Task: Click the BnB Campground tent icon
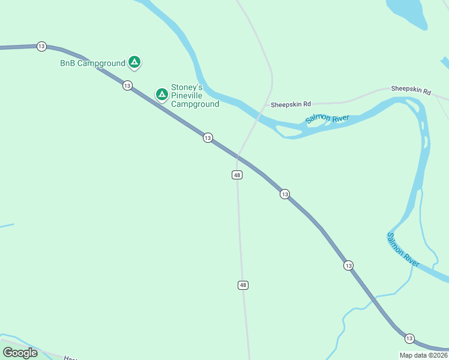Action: click(134, 62)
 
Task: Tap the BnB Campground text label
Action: click(92, 63)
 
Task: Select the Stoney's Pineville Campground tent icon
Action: click(161, 94)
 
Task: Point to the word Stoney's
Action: click(187, 87)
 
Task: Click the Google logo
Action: click(20, 353)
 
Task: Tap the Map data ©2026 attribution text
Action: click(423, 355)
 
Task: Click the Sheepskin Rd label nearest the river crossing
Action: click(291, 104)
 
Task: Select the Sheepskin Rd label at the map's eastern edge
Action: click(411, 91)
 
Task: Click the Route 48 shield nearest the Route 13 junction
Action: click(237, 175)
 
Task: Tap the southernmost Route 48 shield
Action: click(243, 285)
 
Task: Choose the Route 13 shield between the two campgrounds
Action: click(127, 86)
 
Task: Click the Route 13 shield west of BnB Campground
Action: click(41, 46)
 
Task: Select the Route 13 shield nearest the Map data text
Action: click(409, 338)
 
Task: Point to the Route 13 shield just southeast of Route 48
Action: click(285, 194)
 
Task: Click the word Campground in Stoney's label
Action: click(195, 104)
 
